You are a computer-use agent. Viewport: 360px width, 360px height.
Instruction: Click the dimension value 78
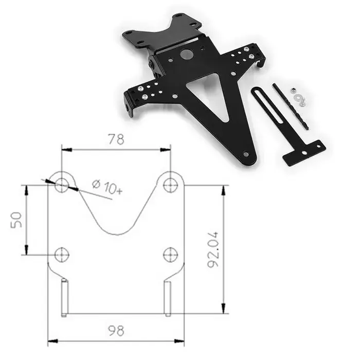[x=116, y=139]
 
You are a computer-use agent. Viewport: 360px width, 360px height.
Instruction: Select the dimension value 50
[x=17, y=219]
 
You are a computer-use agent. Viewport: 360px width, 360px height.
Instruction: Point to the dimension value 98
[x=116, y=330]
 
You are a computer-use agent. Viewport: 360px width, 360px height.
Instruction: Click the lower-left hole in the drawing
[x=62, y=254]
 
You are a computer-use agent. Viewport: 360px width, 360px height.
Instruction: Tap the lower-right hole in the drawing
[x=170, y=254]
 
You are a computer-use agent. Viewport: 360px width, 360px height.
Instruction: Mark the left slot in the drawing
[x=64, y=298]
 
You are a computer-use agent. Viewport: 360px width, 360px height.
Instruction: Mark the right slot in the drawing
[x=168, y=298]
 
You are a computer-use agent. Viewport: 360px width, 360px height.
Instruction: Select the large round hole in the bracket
[x=187, y=54]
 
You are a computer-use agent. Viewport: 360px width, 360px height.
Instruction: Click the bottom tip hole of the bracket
[x=246, y=154]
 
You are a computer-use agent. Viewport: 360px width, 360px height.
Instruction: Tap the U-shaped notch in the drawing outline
[x=116, y=216]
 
